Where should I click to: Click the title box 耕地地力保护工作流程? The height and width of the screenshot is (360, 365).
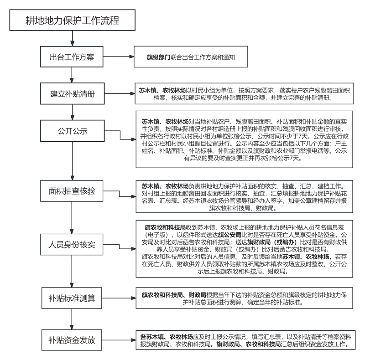(x=73, y=21)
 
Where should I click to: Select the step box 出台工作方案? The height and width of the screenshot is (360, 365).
(x=72, y=57)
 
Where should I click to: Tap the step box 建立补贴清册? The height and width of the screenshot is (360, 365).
(x=72, y=95)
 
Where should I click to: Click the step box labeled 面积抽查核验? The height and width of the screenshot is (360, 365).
(x=72, y=190)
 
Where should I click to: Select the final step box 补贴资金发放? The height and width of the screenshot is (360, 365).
(x=72, y=339)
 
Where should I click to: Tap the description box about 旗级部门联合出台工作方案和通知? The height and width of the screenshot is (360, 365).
(x=197, y=58)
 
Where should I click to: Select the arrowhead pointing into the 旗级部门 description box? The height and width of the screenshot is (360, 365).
(x=131, y=58)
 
